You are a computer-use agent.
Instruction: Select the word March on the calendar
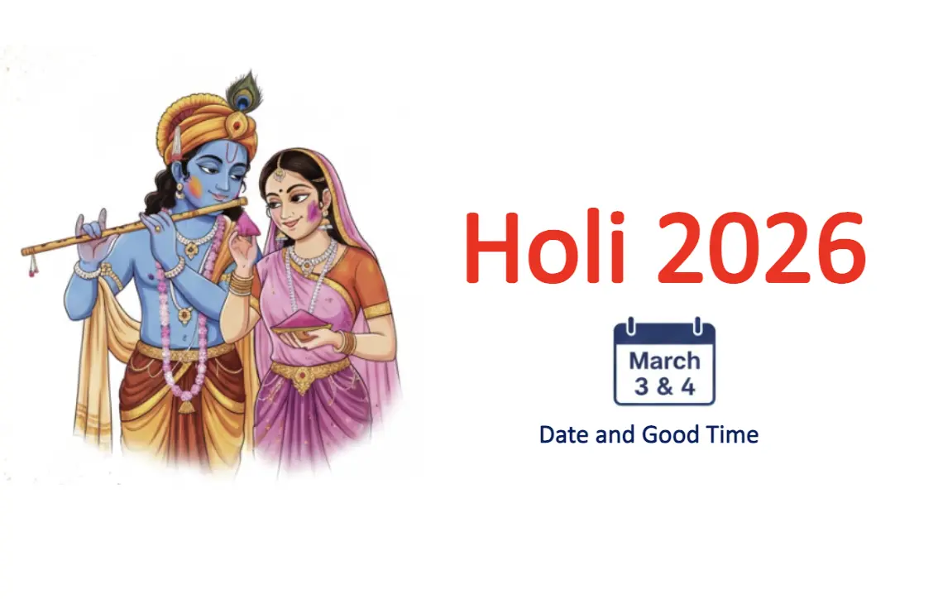pos(664,361)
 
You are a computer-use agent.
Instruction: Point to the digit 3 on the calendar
pos(641,386)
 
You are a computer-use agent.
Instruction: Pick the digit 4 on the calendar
pos(687,386)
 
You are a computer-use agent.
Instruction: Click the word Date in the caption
pos(565,434)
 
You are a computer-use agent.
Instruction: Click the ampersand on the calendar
pos(664,386)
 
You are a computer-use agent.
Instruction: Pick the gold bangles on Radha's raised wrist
pos(241,284)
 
